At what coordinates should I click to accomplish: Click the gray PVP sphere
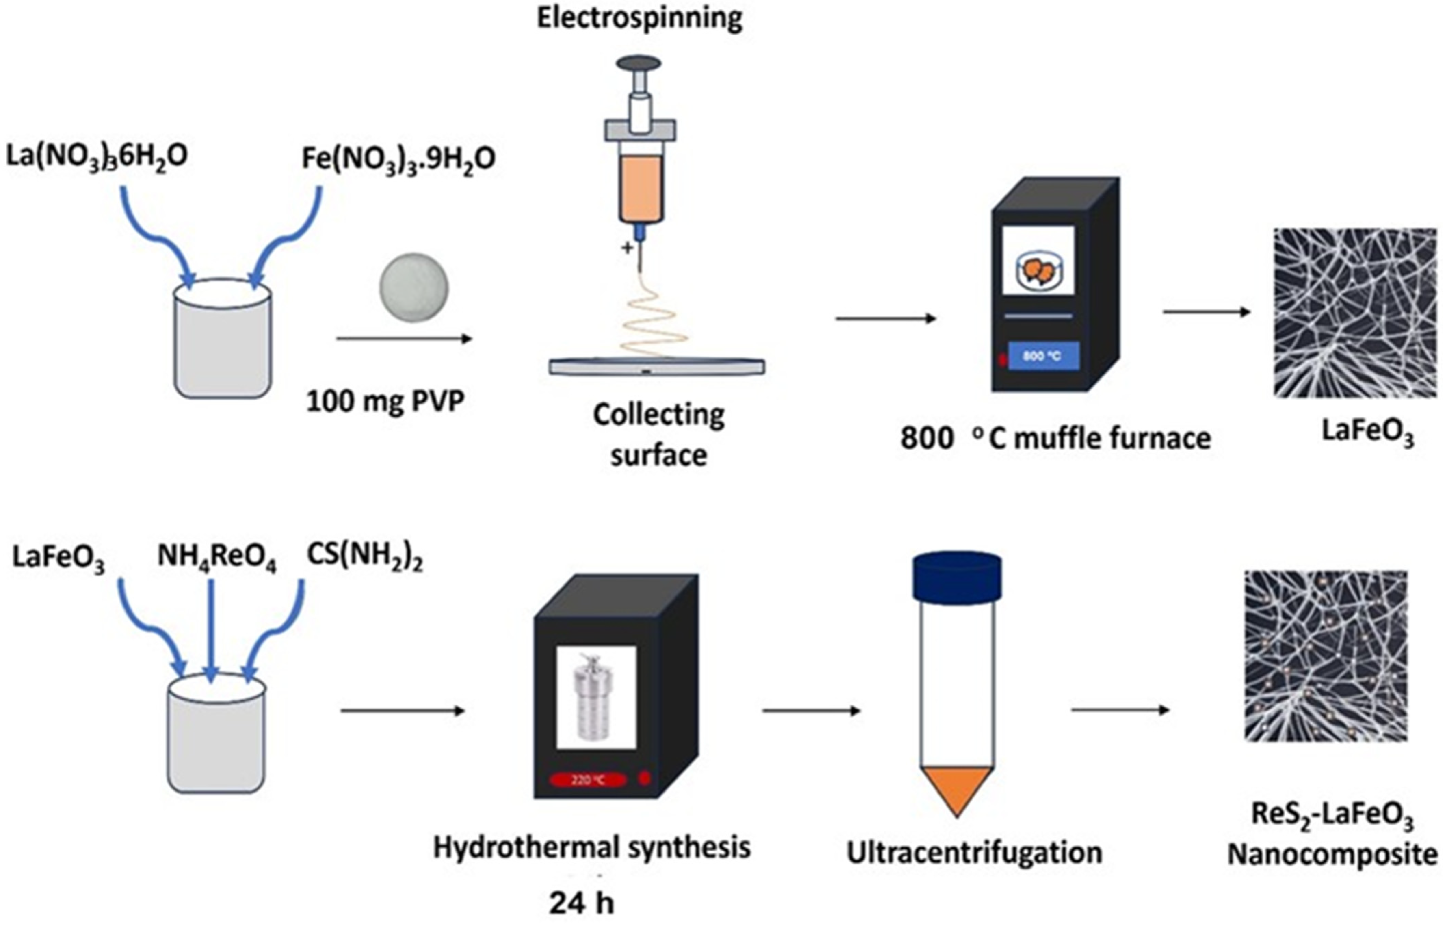point(414,288)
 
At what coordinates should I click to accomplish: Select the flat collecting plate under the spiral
point(656,366)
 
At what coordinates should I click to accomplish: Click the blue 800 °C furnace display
point(1043,356)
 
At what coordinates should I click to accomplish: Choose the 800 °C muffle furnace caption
point(1055,438)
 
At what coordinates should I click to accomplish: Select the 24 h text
point(581,903)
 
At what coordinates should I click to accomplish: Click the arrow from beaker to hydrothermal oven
point(403,711)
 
